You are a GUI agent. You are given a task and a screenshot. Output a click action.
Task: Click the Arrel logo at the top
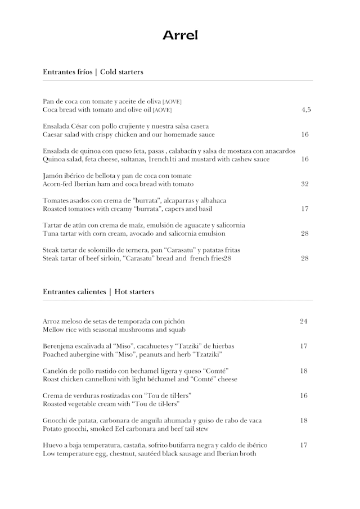tap(180, 35)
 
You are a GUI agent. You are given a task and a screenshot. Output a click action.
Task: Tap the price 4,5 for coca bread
tap(305, 110)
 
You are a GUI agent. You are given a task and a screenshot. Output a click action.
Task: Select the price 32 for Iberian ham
tap(305, 184)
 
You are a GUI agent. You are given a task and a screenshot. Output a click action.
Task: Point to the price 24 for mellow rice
tap(304, 321)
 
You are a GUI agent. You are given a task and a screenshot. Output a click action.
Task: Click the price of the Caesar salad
tap(305, 134)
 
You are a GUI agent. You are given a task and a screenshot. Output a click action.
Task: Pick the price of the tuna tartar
tap(305, 233)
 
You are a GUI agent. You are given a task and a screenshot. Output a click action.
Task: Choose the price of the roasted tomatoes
tap(305, 209)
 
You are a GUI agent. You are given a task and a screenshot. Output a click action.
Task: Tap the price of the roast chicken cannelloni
tap(304, 371)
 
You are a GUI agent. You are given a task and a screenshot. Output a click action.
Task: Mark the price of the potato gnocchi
tap(304, 420)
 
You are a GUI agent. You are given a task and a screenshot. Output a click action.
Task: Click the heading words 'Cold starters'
tap(121, 72)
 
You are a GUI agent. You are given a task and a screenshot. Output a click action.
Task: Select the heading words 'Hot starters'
tap(134, 292)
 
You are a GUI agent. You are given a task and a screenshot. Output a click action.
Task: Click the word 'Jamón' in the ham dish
tap(52, 176)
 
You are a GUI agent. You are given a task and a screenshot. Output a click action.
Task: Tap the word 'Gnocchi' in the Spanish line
tap(55, 420)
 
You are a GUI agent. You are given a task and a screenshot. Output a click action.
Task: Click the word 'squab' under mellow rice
tap(176, 329)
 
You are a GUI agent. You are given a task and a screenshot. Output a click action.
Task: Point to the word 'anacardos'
tap(279, 151)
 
